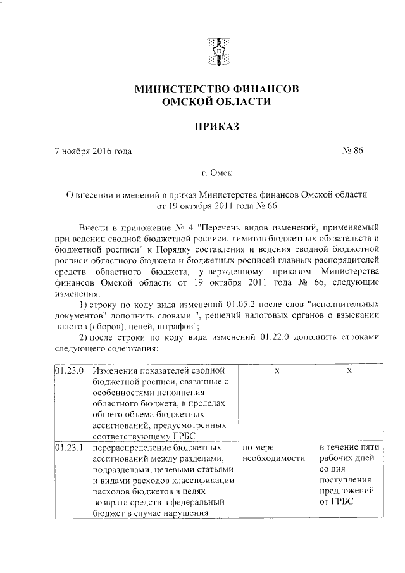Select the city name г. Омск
213,172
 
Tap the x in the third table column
277,370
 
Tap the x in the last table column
349,370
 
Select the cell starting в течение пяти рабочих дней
349,453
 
